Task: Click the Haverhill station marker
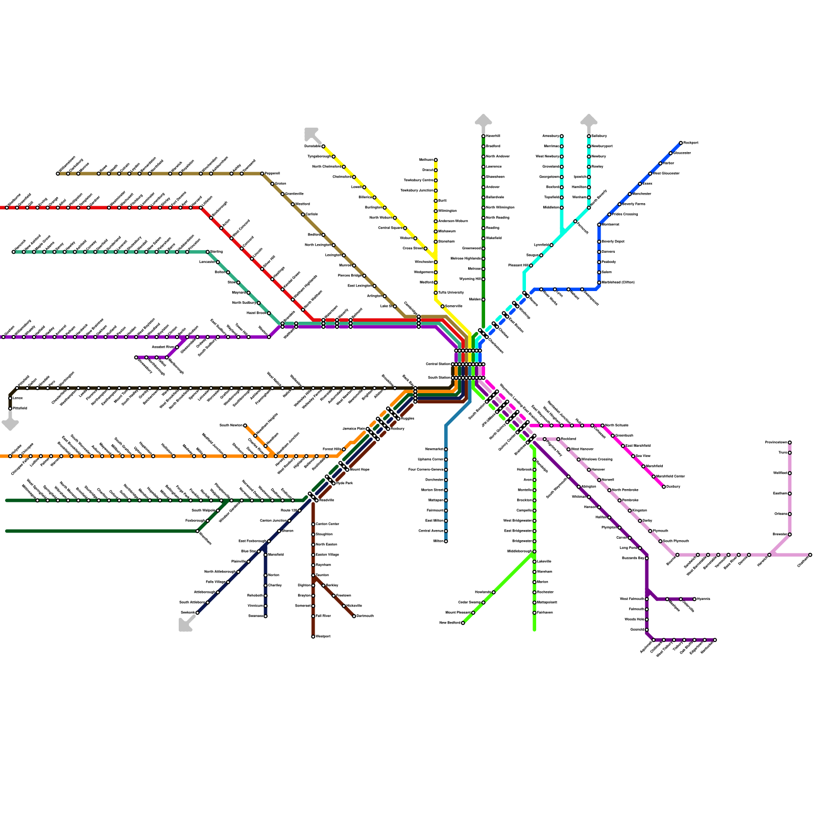click(483, 136)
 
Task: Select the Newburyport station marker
click(589, 147)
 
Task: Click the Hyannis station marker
click(694, 599)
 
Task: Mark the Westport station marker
click(313, 637)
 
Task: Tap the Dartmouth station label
click(365, 616)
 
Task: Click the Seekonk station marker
click(197, 613)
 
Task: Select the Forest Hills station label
click(332, 449)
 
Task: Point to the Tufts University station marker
click(436, 293)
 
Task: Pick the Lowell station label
click(356, 187)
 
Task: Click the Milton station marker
click(446, 541)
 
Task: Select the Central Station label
click(438, 364)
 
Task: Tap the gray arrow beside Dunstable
click(311, 134)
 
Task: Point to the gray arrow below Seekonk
click(186, 624)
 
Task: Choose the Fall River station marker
click(313, 616)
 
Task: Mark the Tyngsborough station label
click(319, 157)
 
